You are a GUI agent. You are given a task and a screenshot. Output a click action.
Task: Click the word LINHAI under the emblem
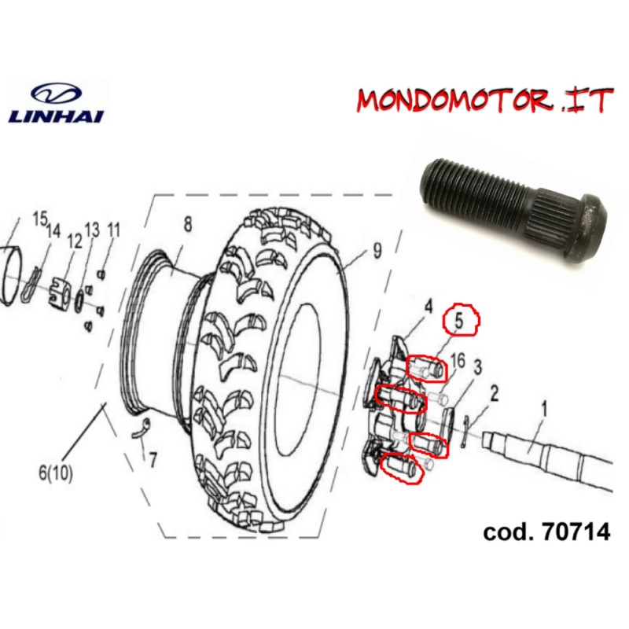pyautogui.click(x=54, y=116)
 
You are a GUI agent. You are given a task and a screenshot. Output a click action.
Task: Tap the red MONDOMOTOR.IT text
pyautogui.click(x=483, y=101)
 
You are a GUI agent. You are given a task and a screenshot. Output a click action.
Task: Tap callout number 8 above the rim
pyautogui.click(x=187, y=224)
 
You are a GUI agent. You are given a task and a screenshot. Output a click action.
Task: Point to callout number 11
pyautogui.click(x=113, y=230)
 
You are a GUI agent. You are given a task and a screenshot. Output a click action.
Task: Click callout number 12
pyautogui.click(x=75, y=241)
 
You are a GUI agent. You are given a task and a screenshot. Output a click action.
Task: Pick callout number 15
pyautogui.click(x=39, y=218)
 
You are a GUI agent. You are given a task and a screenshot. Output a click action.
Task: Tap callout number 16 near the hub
pyautogui.click(x=458, y=361)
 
